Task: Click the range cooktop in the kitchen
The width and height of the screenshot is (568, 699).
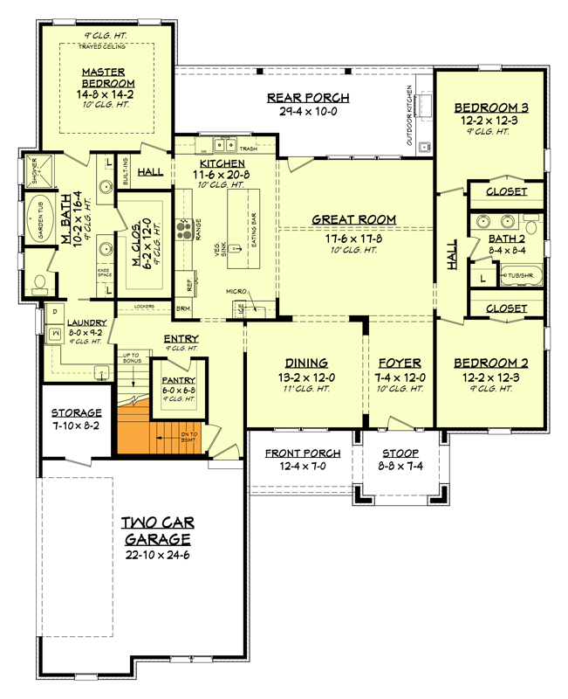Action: click(x=185, y=230)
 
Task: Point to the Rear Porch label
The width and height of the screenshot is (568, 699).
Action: click(x=308, y=98)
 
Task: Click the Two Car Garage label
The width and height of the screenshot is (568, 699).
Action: click(x=158, y=529)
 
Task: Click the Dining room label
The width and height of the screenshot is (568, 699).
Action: click(x=305, y=362)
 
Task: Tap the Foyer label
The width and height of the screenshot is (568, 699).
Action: click(x=401, y=362)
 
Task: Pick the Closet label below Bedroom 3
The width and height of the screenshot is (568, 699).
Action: click(x=506, y=191)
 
